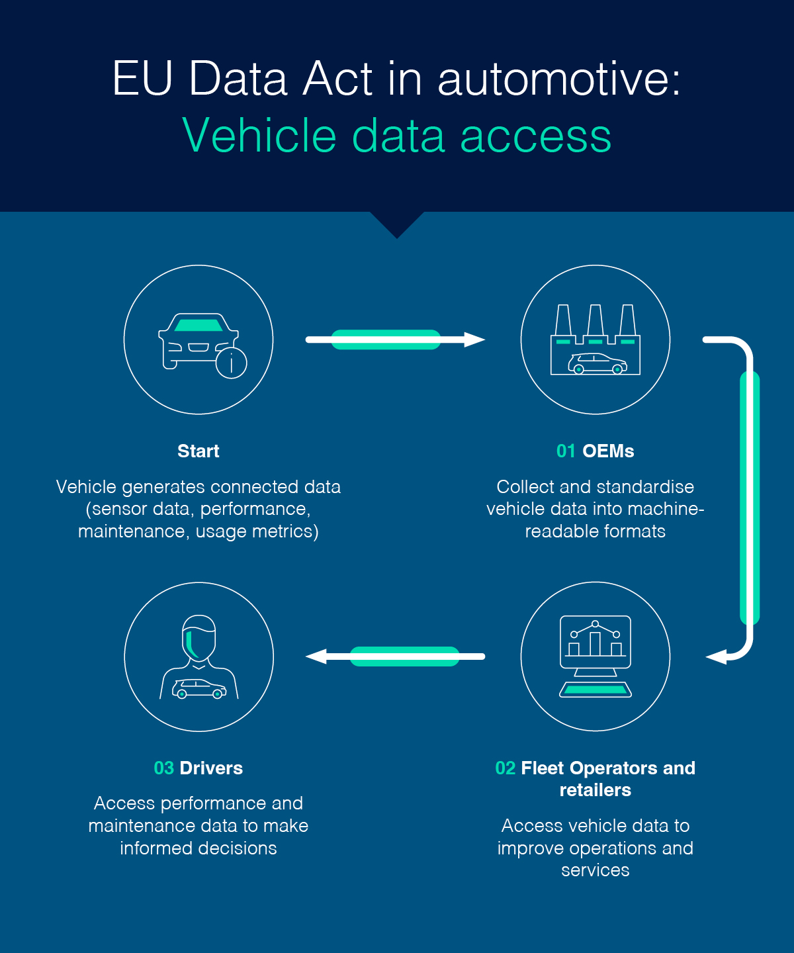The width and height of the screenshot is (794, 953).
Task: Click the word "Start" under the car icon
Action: pos(198,451)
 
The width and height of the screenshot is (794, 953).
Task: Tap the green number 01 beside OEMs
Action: pos(566,451)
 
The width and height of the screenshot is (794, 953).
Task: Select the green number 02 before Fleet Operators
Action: pos(505,768)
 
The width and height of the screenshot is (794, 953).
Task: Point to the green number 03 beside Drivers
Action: pos(163,768)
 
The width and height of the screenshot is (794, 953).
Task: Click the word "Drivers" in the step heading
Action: pos(211,768)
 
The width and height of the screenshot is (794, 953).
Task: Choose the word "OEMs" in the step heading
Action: pos(608,451)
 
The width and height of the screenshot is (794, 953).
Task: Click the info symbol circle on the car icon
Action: pos(231,362)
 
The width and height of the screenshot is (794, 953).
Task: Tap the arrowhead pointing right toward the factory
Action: pos(474,340)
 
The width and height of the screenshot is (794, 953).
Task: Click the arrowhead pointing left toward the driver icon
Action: pos(317,657)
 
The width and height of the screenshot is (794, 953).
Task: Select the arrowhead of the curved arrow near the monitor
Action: pos(717,657)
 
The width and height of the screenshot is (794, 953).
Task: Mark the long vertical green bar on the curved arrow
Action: pos(750,498)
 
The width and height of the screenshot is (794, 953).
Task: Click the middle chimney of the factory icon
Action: pos(595,320)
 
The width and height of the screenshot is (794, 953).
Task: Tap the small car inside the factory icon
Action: pos(597,364)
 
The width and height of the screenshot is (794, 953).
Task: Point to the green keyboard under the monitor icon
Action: pos(595,690)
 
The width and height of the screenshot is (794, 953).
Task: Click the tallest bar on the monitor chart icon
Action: pos(595,643)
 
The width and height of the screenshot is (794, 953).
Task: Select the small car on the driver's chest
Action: pos(199,689)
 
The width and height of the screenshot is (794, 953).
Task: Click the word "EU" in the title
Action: pos(142,79)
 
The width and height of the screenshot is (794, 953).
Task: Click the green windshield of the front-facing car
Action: pos(198,325)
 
